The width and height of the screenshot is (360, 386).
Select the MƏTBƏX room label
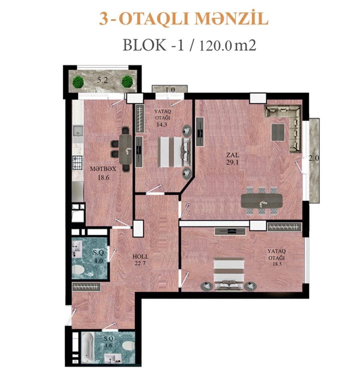[103, 169]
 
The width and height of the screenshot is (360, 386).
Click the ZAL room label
[232, 155]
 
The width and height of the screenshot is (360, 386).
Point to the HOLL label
[140, 256]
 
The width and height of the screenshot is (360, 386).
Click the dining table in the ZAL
[262, 200]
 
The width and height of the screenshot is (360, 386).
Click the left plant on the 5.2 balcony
[78, 82]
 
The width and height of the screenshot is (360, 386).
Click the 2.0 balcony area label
[314, 159]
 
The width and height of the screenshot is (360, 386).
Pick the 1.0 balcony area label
[170, 90]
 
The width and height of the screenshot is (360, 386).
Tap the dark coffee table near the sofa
[278, 132]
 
